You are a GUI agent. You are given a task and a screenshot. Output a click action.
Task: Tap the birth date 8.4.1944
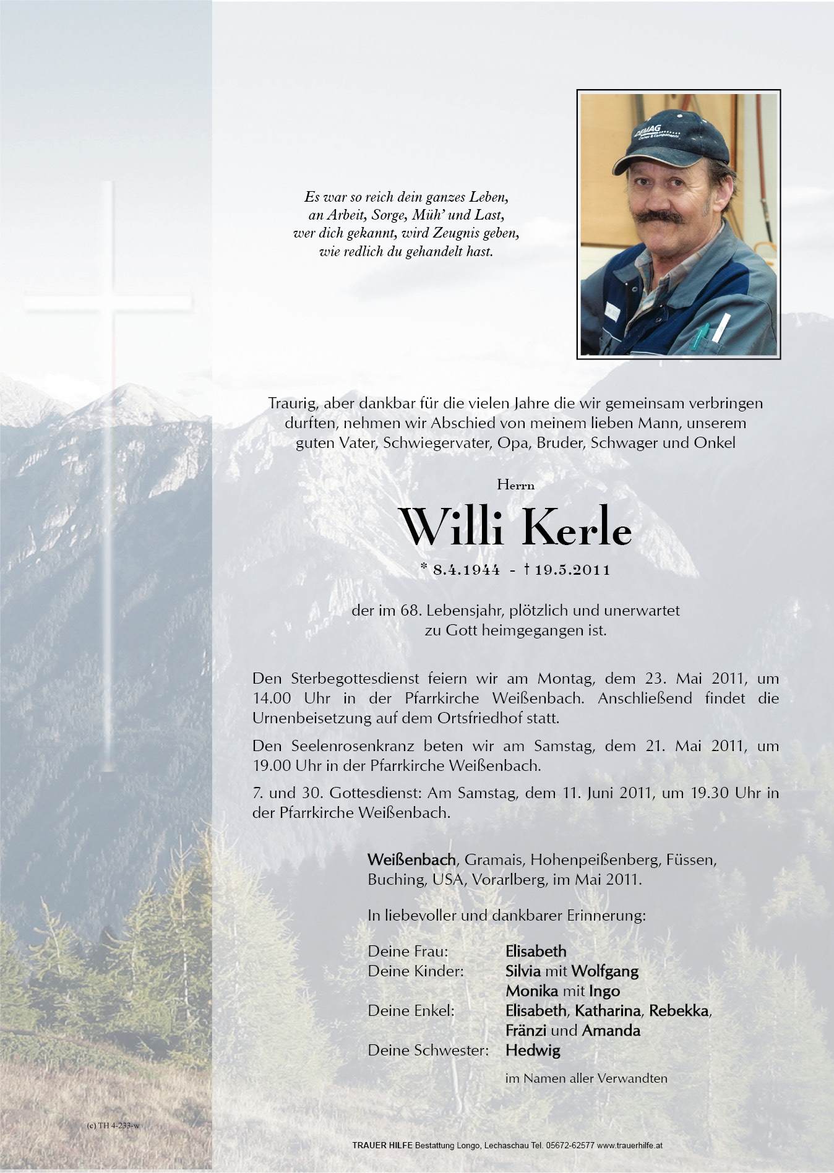466,570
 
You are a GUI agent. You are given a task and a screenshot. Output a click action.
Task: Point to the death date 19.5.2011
572,570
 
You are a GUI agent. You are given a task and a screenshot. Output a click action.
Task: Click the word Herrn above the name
515,485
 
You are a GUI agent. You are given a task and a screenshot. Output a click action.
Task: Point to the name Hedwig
533,1050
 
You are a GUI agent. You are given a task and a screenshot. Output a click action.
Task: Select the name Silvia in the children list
523,971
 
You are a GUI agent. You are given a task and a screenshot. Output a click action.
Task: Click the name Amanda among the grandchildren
611,1030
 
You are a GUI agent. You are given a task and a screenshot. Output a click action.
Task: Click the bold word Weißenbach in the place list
411,859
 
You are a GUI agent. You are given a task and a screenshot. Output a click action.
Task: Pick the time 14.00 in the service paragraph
272,698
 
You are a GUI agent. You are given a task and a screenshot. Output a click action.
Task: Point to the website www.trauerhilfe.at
630,1145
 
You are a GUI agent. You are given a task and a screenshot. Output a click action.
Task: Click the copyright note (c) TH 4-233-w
113,1125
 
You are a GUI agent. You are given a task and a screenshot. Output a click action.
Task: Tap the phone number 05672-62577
569,1145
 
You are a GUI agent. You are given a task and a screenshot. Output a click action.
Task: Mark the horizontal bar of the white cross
108,303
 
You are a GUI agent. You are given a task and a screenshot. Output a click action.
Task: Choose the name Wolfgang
604,971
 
